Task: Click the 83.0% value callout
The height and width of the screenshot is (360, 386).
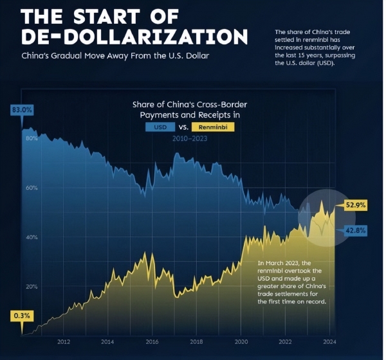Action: (22, 110)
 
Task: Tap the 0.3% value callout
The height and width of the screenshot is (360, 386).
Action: (22, 316)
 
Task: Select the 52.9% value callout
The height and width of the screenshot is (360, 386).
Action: (356, 205)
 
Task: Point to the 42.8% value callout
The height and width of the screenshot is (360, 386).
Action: (356, 230)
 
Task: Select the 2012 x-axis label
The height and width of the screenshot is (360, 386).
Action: (64, 342)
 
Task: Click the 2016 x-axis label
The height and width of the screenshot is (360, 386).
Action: (152, 342)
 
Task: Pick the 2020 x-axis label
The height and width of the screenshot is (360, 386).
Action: (241, 342)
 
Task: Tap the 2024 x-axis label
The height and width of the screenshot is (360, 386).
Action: (329, 342)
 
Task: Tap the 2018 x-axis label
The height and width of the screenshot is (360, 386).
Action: (196, 342)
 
